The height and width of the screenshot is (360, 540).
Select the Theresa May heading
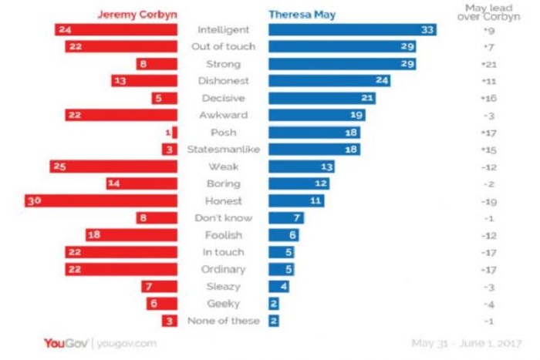click(x=302, y=14)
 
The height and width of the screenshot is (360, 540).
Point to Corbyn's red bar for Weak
click(x=119, y=167)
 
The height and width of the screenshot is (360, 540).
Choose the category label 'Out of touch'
click(x=224, y=47)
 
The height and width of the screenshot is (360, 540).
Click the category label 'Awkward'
click(x=224, y=115)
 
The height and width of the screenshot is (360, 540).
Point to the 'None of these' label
click(x=224, y=320)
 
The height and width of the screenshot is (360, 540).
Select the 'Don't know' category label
click(x=224, y=217)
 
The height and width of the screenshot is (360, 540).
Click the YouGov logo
click(x=65, y=342)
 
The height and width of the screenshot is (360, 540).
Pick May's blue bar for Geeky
click(x=274, y=303)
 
